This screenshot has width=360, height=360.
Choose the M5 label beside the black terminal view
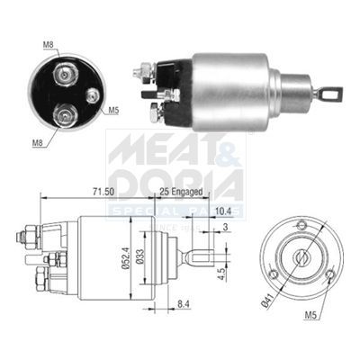[113, 111]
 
